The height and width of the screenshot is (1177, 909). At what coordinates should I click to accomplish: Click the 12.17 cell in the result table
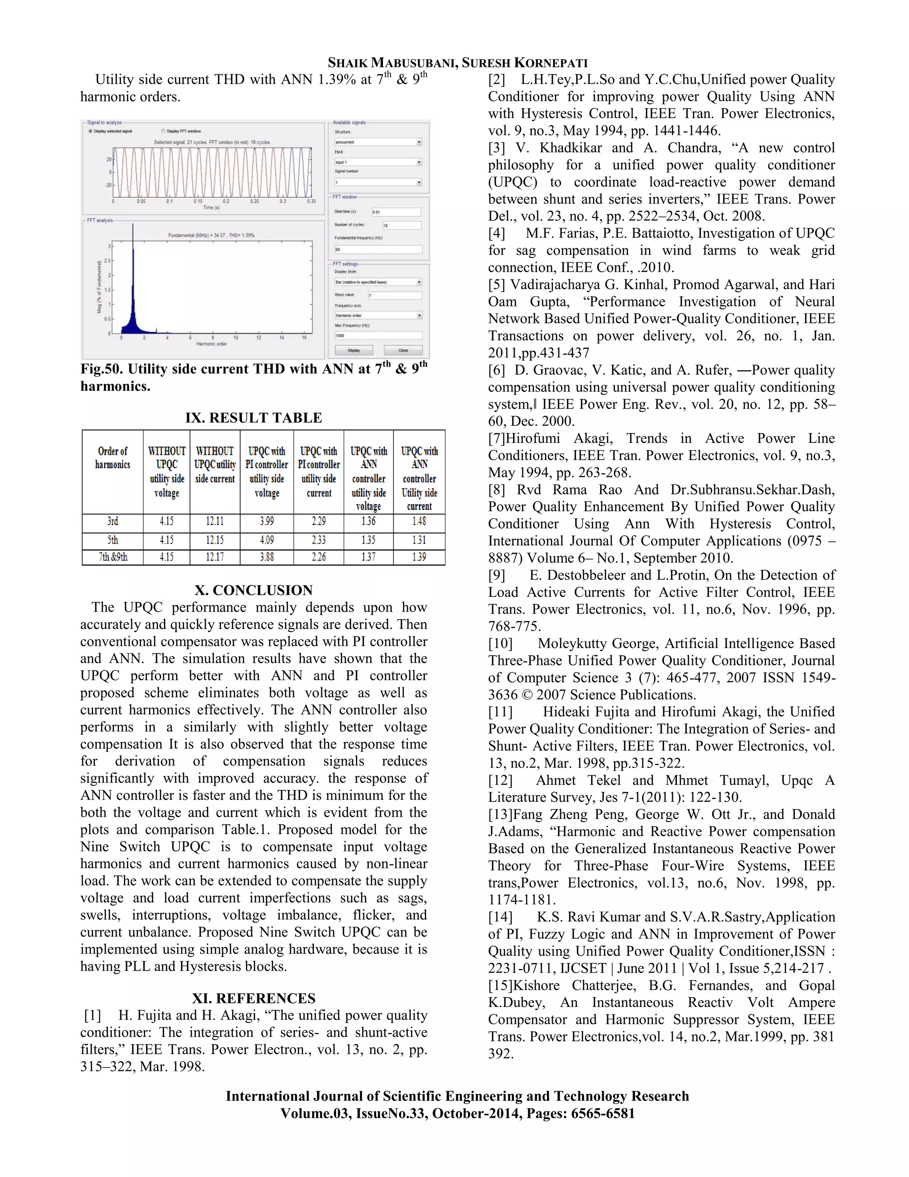click(x=214, y=557)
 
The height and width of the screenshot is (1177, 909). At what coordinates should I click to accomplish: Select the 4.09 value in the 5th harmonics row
click(x=267, y=540)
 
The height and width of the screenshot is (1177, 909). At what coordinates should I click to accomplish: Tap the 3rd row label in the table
click(x=113, y=521)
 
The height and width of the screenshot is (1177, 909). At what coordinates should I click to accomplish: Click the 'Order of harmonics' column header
click(x=113, y=457)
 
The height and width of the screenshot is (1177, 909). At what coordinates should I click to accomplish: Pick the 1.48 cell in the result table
click(x=419, y=521)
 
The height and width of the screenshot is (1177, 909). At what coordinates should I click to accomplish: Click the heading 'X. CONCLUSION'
click(x=253, y=590)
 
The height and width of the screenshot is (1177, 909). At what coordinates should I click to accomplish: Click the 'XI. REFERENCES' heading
click(x=253, y=998)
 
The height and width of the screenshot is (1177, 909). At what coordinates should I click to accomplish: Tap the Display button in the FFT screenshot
click(x=354, y=350)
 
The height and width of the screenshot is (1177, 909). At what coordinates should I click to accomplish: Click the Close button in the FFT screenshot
click(x=403, y=350)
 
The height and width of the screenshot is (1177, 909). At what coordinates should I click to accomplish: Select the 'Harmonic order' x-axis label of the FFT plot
click(x=211, y=344)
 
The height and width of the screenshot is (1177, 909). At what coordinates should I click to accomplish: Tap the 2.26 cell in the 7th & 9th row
click(x=318, y=557)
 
